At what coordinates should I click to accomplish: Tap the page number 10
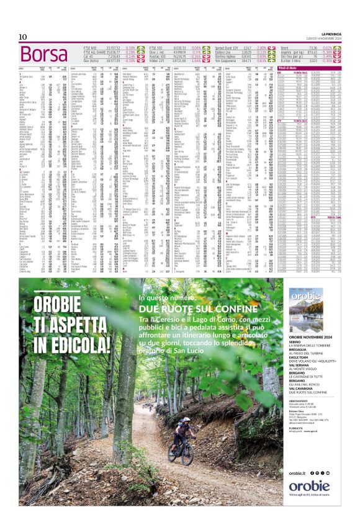coord(22,37)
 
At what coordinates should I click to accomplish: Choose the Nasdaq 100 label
coord(159,56)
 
